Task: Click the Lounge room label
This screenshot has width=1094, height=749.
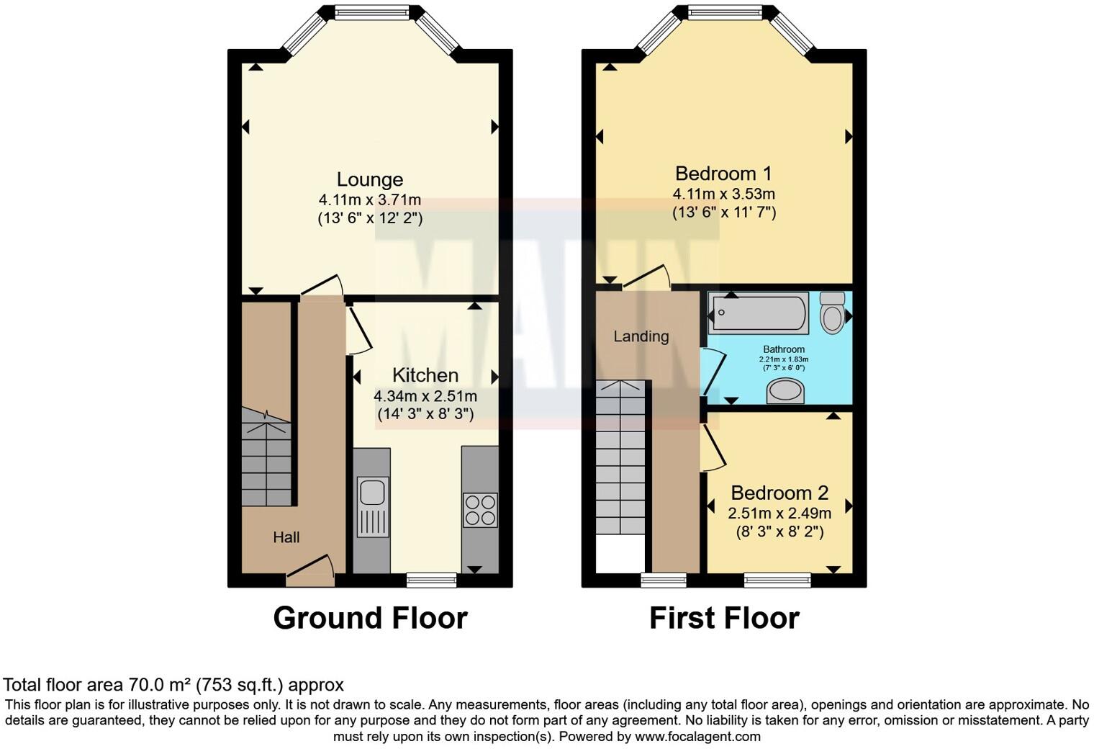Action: tap(370, 179)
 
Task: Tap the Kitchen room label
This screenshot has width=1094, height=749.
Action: tap(425, 375)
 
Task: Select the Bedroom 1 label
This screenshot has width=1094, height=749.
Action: tap(723, 174)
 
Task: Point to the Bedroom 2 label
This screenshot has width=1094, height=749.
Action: tap(779, 493)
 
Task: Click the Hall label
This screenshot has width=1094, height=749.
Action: tap(286, 537)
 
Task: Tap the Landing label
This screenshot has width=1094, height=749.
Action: tap(641, 336)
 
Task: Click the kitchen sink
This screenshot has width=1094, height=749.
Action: tap(372, 494)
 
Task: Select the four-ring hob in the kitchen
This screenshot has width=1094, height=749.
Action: tap(479, 509)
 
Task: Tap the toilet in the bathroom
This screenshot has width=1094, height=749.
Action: tap(833, 312)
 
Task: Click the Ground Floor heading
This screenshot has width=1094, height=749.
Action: tap(370, 618)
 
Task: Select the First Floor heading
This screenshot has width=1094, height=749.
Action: tap(724, 618)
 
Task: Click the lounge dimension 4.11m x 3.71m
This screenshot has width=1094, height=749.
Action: tap(370, 199)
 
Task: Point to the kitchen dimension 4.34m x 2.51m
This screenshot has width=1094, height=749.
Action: tap(425, 395)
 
